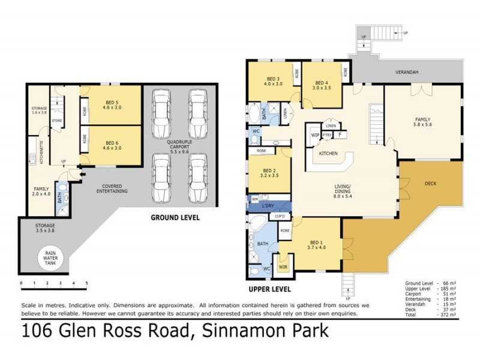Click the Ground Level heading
175,217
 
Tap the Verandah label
406,73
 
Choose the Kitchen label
328,154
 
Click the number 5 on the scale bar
86,282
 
